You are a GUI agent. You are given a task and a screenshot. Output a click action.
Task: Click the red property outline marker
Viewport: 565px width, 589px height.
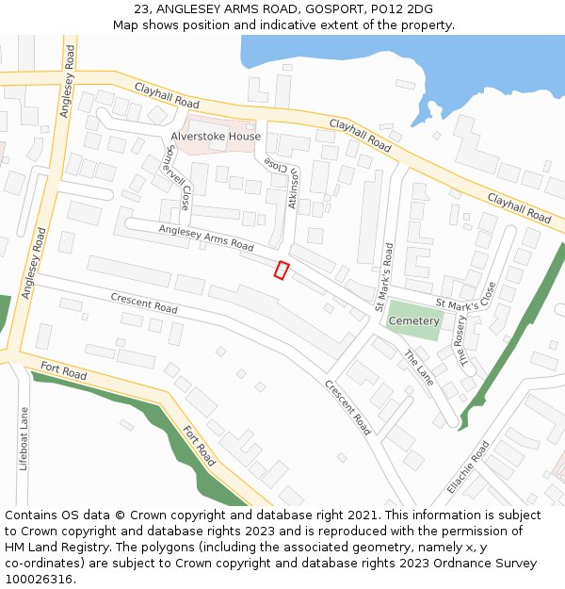[281, 270]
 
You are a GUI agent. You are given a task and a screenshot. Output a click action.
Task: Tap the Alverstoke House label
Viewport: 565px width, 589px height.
[216, 137]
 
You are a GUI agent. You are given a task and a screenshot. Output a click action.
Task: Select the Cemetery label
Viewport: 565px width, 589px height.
[414, 321]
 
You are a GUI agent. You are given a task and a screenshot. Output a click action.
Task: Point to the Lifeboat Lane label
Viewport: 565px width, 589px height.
[24, 439]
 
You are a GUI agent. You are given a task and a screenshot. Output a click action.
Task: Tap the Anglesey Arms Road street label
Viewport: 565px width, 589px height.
[206, 237]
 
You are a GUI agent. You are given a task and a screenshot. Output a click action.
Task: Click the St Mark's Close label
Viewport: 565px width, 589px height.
[465, 303]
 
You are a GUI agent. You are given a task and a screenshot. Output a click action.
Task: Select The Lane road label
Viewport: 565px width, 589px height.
[419, 368]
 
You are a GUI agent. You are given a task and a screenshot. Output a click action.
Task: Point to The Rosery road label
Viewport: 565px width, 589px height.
[462, 340]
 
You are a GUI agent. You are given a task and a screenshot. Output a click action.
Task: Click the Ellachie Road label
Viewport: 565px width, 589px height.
[468, 469]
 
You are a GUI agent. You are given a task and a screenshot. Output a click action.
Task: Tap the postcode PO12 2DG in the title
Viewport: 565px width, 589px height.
[402, 8]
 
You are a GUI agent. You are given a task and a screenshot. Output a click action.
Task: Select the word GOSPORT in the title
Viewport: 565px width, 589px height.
[327, 8]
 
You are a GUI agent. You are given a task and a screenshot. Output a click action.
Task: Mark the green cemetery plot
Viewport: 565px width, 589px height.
[414, 321]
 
